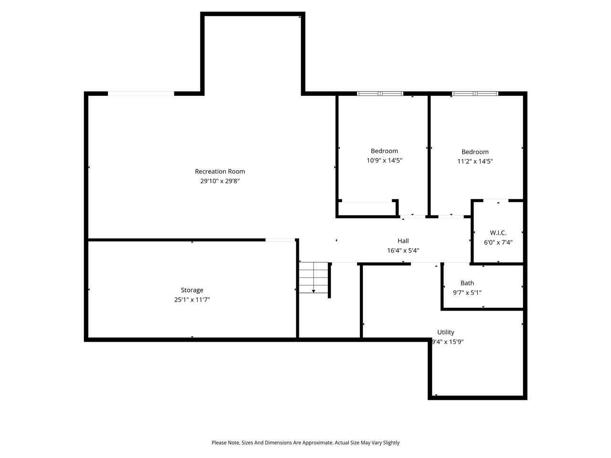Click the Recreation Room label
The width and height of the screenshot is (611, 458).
pos(220,171)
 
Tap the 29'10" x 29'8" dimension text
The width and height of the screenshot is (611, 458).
pos(220,181)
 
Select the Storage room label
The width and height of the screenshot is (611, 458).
pos(192,290)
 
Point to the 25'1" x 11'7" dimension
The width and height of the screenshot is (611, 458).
pos(192,300)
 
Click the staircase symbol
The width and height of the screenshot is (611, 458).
pos(314,278)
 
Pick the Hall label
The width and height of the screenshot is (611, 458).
pos(403,241)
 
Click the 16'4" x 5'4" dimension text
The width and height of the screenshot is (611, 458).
pos(403,250)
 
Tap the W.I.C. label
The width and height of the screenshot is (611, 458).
pos(498,233)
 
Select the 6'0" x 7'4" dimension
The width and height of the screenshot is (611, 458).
pos(498,242)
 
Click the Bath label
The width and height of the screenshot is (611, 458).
pos(467,283)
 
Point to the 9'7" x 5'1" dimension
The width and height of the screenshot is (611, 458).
pos(467,293)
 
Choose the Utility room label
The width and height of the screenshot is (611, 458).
pos(446,332)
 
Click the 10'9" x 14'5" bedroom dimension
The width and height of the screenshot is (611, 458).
pos(384,161)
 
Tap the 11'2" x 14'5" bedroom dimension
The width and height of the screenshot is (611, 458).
pos(475,161)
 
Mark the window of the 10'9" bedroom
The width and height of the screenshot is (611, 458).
pos(380,94)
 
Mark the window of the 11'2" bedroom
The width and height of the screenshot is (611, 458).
pos(475,94)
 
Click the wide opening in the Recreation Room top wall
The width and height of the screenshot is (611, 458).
pos(141,94)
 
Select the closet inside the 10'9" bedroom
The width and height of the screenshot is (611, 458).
pos(367,209)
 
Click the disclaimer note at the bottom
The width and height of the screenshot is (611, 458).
pos(305,443)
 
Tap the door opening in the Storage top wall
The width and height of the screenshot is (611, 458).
pos(280,239)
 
